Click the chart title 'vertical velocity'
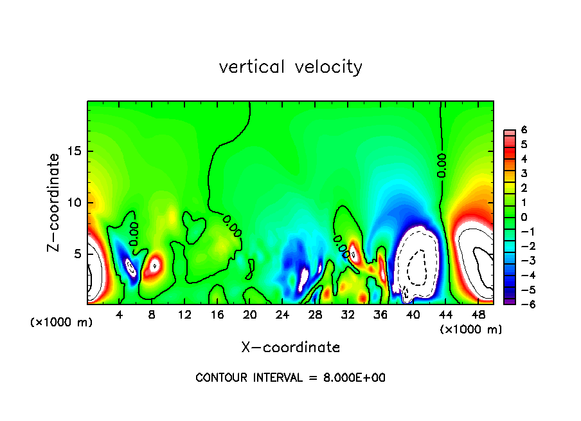pyautogui.click(x=290, y=67)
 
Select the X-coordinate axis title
pyautogui.click(x=290, y=348)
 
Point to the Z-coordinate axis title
pyautogui.click(x=55, y=202)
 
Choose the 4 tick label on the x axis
pyautogui.click(x=120, y=315)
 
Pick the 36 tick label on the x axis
pyautogui.click(x=380, y=315)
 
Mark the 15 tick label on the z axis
pyautogui.click(x=76, y=152)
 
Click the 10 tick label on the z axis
pyautogui.click(x=76, y=203)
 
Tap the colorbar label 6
pyautogui.click(x=524, y=130)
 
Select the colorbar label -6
pyautogui.click(x=521, y=304)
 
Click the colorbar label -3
pyautogui.click(x=521, y=261)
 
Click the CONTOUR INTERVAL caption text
pyautogui.click(x=290, y=378)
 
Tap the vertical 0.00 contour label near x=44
pyautogui.click(x=442, y=165)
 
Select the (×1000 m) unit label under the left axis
pyautogui.click(x=62, y=323)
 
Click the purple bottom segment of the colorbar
pyautogui.click(x=508, y=301)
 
